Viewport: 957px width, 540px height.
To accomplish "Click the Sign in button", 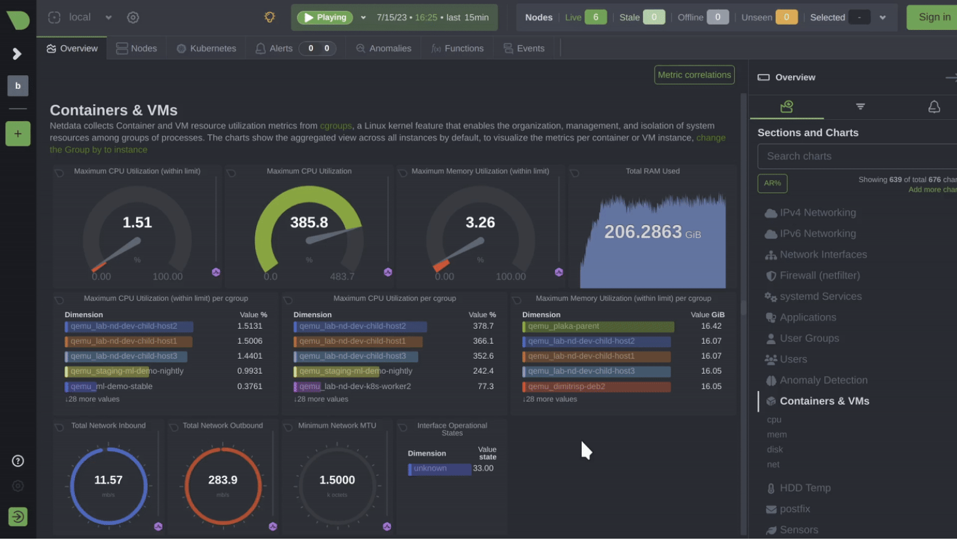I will click(x=934, y=18).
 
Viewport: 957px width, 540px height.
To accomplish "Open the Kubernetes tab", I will click(x=206, y=48).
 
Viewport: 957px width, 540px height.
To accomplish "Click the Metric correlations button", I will click(x=694, y=75).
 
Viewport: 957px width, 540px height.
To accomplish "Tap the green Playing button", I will click(x=325, y=18).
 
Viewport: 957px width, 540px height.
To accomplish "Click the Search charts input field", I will click(x=856, y=156).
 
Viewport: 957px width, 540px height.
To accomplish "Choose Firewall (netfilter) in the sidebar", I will click(x=819, y=275).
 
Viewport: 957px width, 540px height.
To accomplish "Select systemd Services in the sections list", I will click(x=820, y=296).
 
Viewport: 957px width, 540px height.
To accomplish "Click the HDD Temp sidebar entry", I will click(x=805, y=488).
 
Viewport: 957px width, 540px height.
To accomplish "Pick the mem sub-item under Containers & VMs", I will click(x=777, y=434).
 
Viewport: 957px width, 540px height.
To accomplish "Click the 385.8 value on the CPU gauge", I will click(x=309, y=222).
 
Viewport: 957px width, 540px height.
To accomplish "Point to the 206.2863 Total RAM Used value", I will click(x=643, y=231).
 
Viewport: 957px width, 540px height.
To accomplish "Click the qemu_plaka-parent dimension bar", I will click(x=598, y=326).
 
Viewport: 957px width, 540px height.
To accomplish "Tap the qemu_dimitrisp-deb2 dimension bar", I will click(x=596, y=386).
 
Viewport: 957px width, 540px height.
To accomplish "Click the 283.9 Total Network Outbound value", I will click(x=223, y=480).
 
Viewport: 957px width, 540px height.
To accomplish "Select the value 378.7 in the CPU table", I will click(x=483, y=326).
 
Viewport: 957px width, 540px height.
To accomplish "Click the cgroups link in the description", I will click(x=335, y=126).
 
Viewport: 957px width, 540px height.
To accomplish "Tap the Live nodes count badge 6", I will click(x=595, y=18).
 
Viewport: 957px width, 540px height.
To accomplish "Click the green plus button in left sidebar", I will click(x=18, y=134).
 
